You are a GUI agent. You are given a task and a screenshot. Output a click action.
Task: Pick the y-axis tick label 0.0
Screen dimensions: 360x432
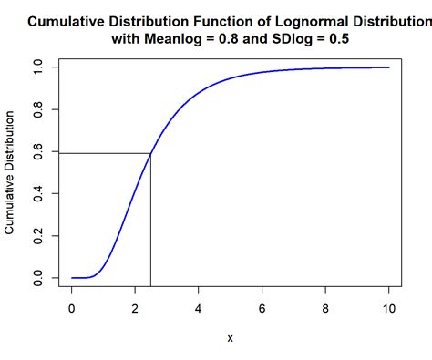(x=38, y=277)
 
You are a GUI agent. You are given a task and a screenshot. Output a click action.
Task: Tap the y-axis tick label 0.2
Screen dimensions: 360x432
(x=38, y=235)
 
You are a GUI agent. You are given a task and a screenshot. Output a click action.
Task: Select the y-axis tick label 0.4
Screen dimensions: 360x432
(x=38, y=193)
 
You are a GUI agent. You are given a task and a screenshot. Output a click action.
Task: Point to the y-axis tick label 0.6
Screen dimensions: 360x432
(x=38, y=151)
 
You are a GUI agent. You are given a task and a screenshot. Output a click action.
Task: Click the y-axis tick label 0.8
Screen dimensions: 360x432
(x=38, y=109)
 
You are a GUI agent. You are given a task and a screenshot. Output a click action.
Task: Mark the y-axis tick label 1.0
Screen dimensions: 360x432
(x=38, y=67)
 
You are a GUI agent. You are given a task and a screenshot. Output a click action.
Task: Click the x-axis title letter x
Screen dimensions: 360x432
(x=231, y=338)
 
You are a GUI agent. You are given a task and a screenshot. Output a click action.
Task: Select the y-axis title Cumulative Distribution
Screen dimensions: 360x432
(x=11, y=172)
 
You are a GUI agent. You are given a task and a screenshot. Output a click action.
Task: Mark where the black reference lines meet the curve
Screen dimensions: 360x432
(x=150, y=153)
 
